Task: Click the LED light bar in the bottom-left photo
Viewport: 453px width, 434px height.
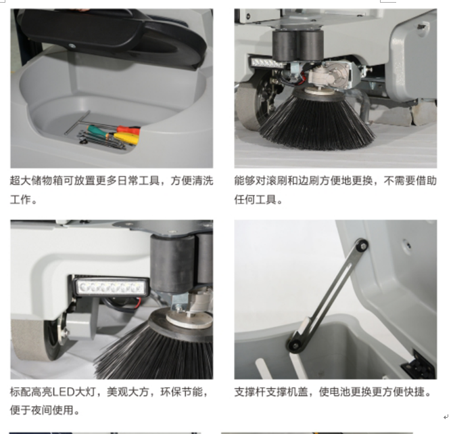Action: pos(111,288)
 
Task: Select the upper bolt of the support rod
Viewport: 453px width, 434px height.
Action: pos(361,246)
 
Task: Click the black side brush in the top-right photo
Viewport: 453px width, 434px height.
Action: pos(316,121)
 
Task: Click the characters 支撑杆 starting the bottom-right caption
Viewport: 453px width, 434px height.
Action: pos(250,392)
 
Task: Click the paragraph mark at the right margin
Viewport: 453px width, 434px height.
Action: pos(445,417)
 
